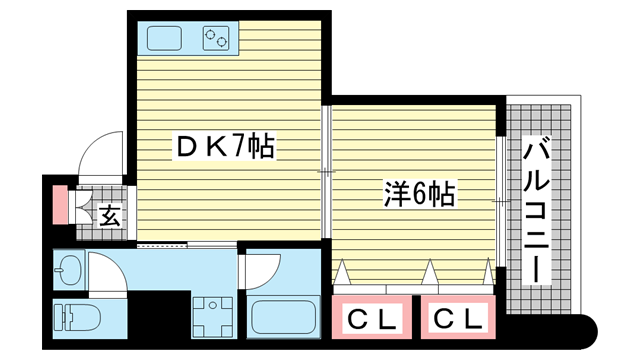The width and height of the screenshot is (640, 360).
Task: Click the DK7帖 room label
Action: [225, 146]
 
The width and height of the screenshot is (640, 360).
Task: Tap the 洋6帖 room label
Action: [419, 193]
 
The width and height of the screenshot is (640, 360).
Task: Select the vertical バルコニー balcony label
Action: [536, 211]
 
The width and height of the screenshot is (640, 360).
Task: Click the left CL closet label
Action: [371, 318]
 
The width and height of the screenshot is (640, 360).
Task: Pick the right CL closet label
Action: [458, 317]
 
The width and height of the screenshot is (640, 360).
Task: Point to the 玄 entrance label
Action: [110, 216]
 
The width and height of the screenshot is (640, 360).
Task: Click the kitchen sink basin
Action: [164, 38]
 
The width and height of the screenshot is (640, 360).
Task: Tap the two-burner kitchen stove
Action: [216, 38]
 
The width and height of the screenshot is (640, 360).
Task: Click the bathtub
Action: [284, 318]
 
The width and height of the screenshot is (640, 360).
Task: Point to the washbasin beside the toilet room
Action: [70, 269]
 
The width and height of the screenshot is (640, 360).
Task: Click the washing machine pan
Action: [213, 316]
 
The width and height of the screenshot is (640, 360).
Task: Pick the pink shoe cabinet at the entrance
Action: [60, 205]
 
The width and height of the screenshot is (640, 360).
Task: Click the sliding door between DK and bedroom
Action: [326, 172]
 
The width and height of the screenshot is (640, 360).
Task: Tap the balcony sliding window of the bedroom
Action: [501, 202]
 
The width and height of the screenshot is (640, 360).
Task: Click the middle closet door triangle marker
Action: [429, 272]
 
